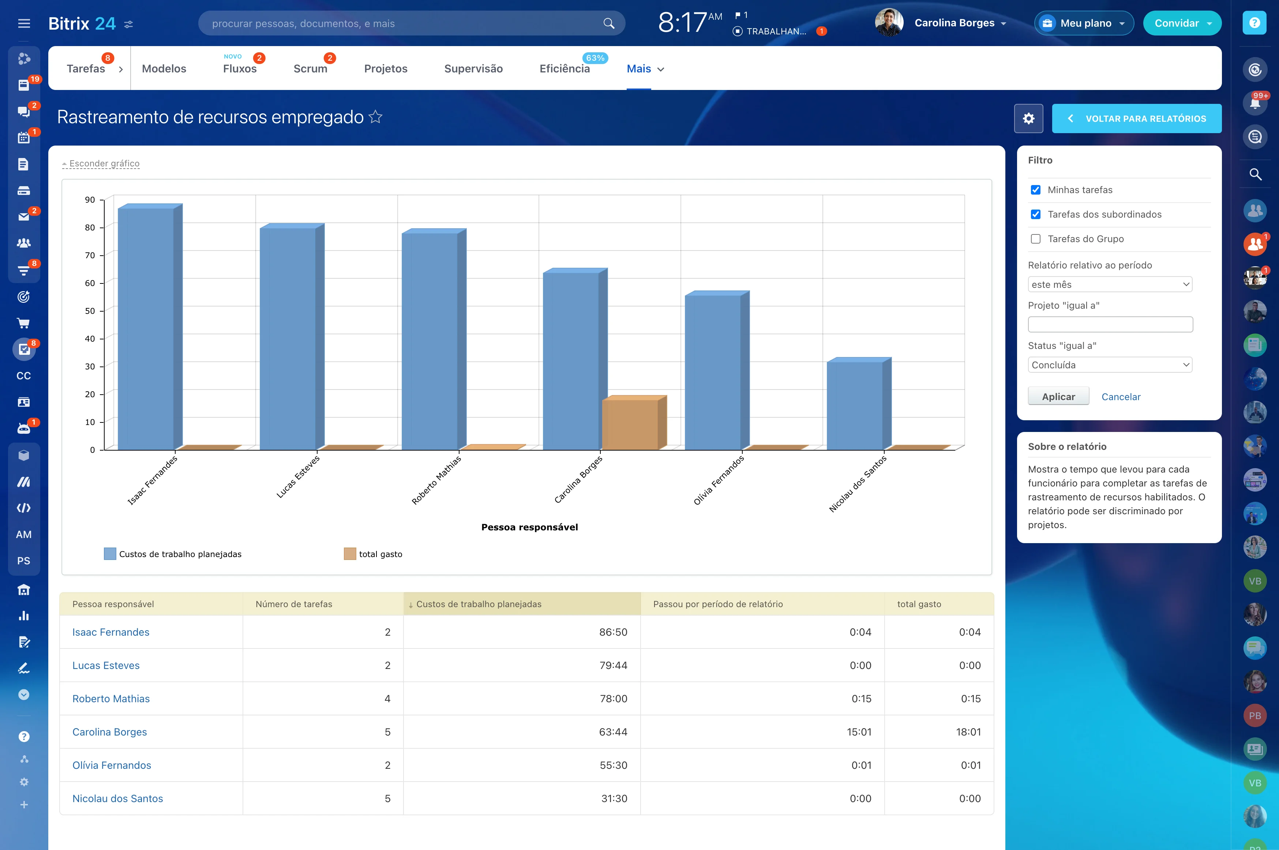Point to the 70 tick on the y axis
pos(90,255)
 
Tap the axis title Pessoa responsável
pos(529,527)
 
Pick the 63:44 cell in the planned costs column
pos(613,732)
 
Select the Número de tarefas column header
pos(294,604)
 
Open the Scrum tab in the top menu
pos(310,69)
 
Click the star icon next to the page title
pos(375,117)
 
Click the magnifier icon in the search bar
pos(608,23)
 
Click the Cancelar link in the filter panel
pos(1121,397)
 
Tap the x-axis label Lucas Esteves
pos(298,477)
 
